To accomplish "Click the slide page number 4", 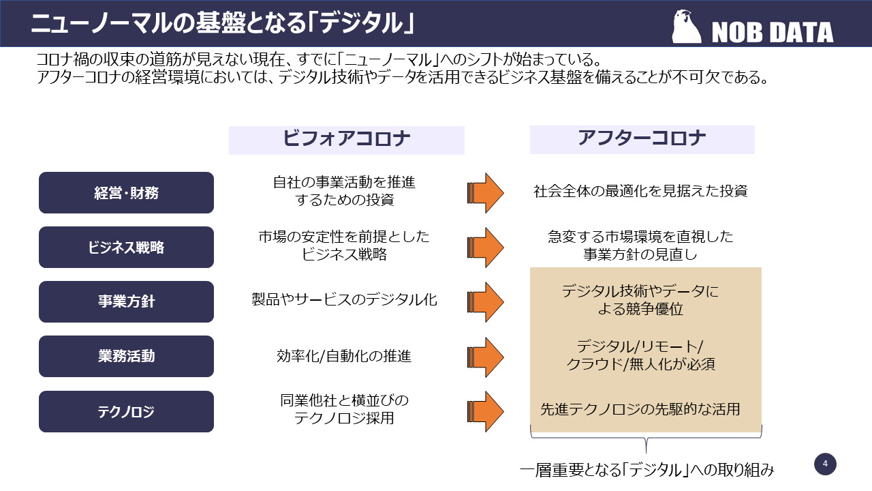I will [825, 464].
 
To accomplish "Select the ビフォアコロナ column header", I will [346, 140].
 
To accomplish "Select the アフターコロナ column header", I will [642, 139].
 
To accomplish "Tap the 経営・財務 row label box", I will [126, 193].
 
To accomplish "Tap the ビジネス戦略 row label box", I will [126, 248].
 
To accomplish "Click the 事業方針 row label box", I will [126, 301].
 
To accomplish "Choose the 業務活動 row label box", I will [126, 356].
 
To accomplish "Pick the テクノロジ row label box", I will [126, 411].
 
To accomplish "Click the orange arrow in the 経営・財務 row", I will [486, 193].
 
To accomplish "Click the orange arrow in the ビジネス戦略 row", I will [486, 248].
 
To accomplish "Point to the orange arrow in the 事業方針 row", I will [486, 301].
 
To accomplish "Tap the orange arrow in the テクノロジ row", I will [486, 411].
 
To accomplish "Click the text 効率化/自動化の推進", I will [344, 356].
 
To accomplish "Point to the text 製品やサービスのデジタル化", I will [344, 299].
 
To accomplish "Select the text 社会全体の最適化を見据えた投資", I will [640, 192].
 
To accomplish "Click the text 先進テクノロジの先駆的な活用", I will [640, 410].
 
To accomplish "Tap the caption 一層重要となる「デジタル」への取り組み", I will [647, 470].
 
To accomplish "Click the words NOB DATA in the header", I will [772, 32].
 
